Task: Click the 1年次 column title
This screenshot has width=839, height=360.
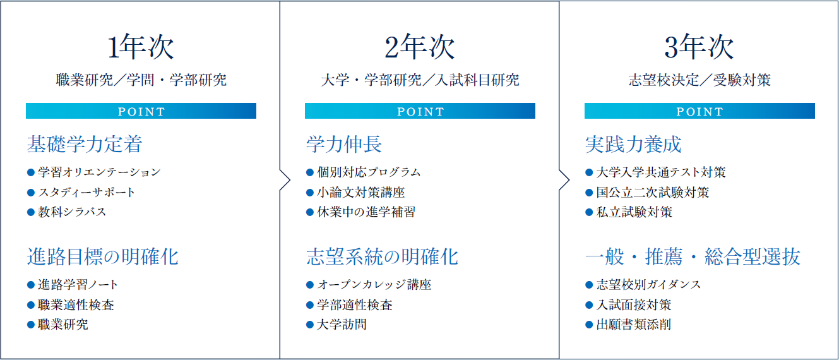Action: click(141, 47)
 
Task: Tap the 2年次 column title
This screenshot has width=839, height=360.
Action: click(420, 47)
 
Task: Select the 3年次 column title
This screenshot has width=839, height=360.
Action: click(699, 47)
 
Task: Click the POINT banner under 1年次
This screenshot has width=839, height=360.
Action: click(141, 111)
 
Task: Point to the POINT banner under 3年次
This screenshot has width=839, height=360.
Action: click(699, 111)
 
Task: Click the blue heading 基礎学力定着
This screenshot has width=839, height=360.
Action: click(85, 144)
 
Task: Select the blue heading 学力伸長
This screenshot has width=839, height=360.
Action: click(344, 144)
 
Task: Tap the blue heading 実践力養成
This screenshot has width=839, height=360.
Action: click(633, 144)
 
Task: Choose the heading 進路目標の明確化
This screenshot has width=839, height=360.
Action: click(103, 257)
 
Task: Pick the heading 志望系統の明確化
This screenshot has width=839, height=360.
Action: click(382, 257)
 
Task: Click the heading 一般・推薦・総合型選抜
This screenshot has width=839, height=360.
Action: click(693, 257)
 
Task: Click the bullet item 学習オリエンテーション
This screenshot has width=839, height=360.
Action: click(99, 172)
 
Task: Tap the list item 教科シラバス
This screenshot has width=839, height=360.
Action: click(72, 212)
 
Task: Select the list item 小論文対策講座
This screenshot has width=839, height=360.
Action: click(361, 193)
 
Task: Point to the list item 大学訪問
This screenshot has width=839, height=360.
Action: click(342, 325)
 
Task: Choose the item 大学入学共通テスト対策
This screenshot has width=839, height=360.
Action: click(661, 172)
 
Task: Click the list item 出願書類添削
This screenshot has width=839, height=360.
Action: click(634, 325)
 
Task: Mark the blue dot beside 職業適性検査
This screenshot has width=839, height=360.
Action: click(31, 305)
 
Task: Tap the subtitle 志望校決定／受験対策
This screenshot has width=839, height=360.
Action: click(699, 80)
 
